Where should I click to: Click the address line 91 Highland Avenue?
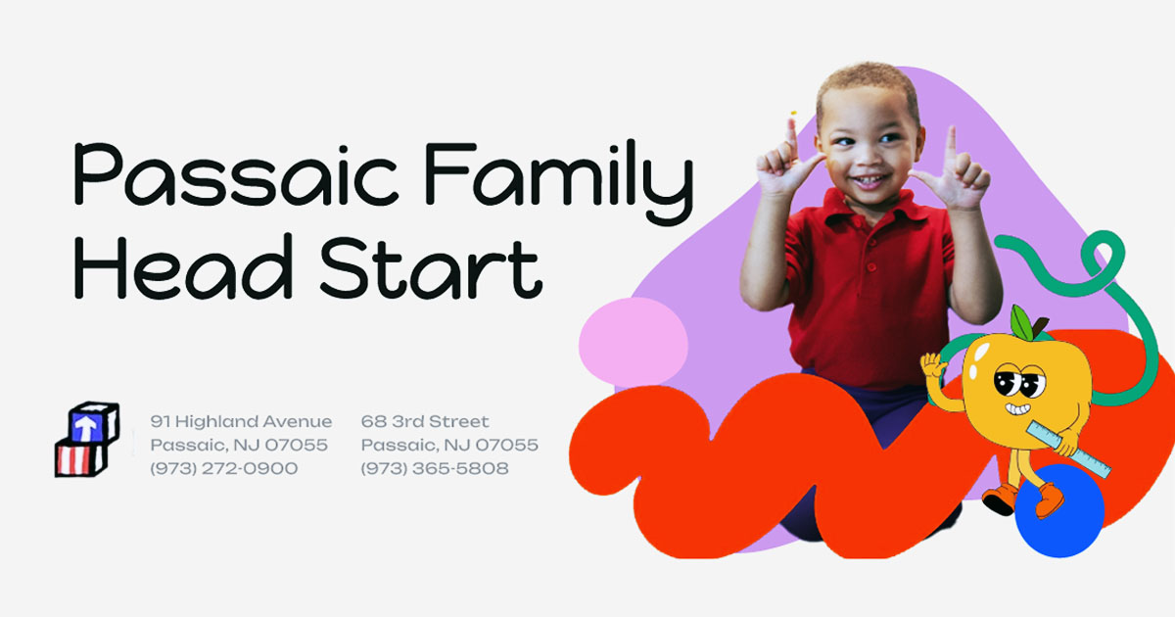coord(241,421)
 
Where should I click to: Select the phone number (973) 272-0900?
coord(224,468)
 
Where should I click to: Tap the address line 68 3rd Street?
coord(425,421)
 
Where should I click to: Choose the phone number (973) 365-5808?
coord(435,468)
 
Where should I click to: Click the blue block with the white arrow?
coord(93,423)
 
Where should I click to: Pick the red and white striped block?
coord(81,458)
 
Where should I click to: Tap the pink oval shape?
coord(634,342)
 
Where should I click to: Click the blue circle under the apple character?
coord(1059,511)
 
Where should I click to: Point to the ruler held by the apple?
coord(1068,450)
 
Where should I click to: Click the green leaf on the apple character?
coord(1022,322)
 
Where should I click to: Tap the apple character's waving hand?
coord(932,364)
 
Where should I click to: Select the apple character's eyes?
coord(1019,381)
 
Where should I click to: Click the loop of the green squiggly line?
coord(1103,255)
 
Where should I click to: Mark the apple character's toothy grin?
coord(1017,408)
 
